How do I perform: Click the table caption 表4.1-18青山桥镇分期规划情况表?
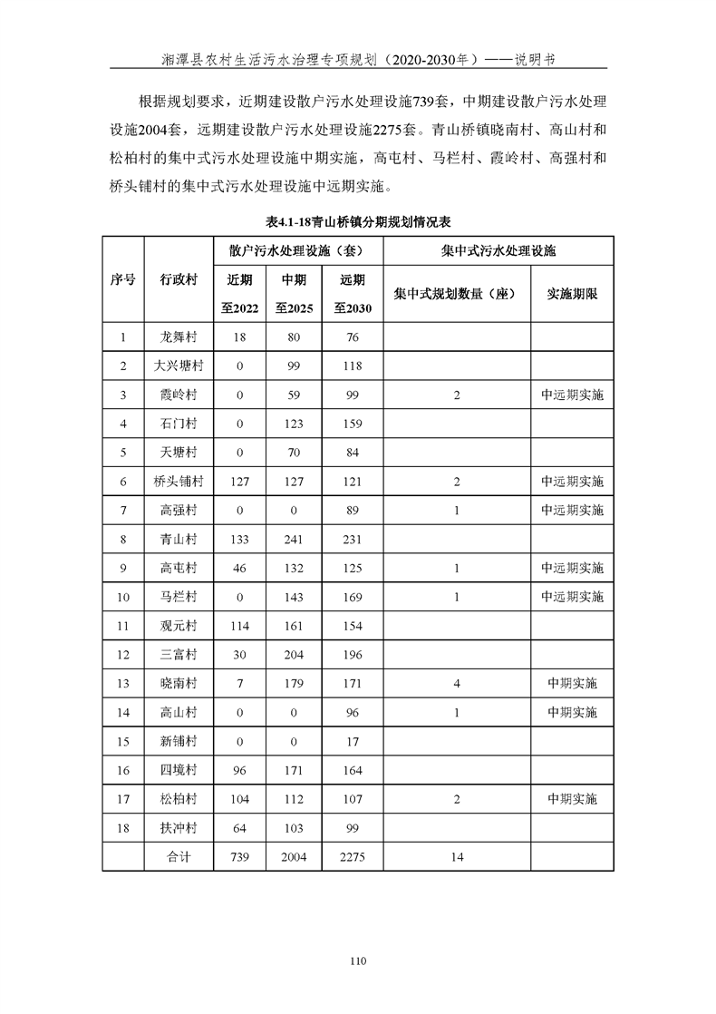[358, 221]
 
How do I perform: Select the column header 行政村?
[179, 279]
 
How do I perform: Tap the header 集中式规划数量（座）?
[456, 294]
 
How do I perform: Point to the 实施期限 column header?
[572, 294]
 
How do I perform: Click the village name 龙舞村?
[179, 337]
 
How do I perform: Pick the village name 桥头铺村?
[179, 481]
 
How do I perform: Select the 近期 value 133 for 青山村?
[240, 539]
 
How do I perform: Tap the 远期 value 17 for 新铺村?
[353, 742]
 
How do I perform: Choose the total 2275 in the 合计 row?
[353, 857]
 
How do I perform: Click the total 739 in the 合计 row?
[240, 857]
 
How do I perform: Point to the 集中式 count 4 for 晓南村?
[457, 684]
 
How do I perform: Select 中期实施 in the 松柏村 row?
[572, 799]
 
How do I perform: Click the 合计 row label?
[179, 857]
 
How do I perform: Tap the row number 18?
[123, 828]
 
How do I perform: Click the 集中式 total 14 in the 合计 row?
[457, 857]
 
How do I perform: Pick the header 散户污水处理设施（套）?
[297, 250]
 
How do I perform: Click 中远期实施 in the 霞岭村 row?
[572, 395]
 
